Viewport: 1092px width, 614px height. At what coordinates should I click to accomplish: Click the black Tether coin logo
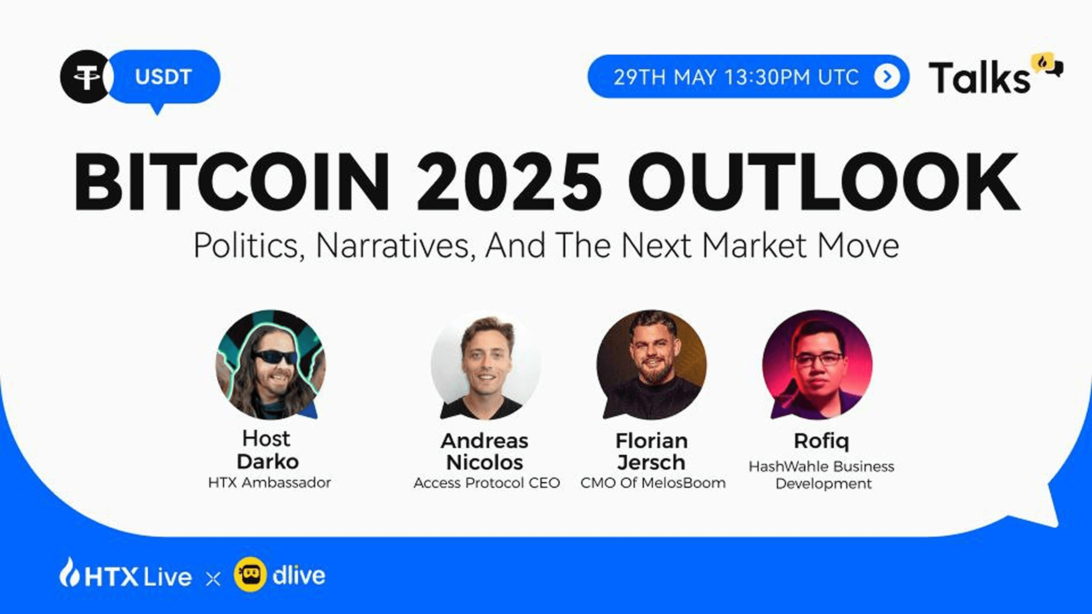click(86, 77)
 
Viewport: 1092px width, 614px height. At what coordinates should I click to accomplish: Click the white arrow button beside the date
click(887, 77)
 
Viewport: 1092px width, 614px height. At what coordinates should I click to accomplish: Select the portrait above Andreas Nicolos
click(486, 366)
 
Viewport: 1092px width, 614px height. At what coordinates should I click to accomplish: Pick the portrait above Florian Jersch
click(651, 365)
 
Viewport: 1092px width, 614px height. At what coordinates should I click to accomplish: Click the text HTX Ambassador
click(270, 483)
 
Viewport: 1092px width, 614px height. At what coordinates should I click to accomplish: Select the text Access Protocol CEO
click(487, 483)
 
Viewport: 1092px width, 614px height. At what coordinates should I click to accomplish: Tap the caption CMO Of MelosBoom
click(653, 483)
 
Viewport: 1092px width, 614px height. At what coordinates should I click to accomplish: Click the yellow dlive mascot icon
click(250, 574)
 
